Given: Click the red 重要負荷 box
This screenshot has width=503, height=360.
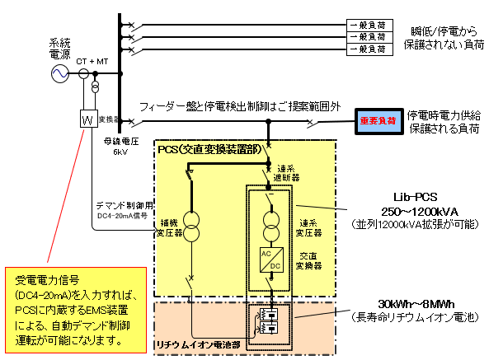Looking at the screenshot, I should (378, 120).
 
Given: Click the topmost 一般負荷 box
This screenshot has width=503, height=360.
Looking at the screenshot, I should (368, 25).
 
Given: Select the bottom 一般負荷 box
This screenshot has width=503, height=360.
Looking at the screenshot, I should (368, 49).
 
